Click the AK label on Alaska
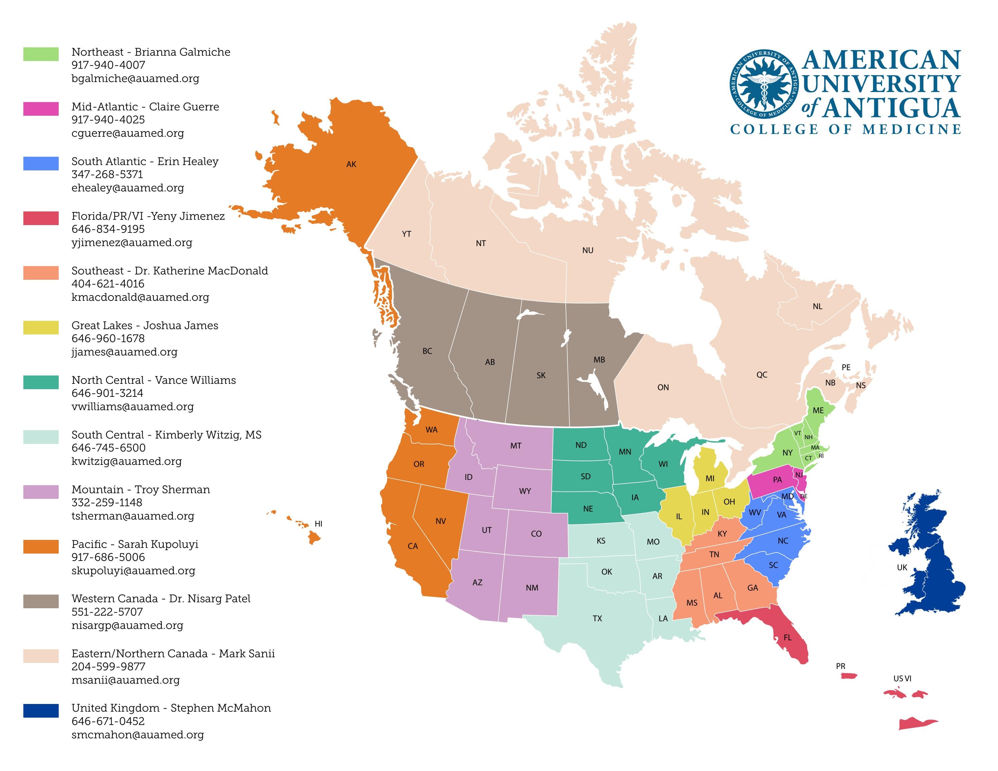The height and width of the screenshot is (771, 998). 351,164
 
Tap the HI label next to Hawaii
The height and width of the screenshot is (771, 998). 319,524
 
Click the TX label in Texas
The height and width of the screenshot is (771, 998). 597,619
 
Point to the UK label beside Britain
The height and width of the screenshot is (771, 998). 902,568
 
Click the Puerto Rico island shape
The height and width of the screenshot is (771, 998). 849,676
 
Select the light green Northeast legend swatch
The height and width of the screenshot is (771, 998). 41,54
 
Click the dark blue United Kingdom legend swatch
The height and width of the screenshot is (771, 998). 41,711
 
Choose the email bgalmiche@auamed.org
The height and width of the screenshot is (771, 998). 135,79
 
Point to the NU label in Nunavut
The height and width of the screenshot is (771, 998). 588,250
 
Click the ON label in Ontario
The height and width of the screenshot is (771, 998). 663,387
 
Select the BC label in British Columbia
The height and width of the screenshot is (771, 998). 427,351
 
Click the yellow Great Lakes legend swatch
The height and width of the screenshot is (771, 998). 41,327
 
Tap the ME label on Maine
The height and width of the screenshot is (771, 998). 818,411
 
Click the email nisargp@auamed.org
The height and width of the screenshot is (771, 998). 127,625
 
